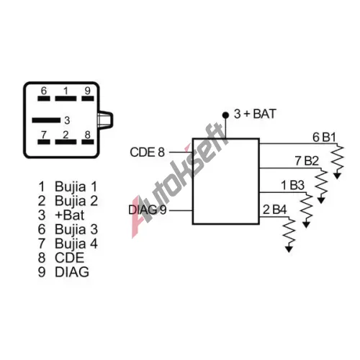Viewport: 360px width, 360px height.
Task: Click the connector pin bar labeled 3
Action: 46,120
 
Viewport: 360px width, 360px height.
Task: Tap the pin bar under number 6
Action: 44,99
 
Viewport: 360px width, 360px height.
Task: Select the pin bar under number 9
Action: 88,99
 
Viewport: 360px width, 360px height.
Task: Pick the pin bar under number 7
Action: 44,142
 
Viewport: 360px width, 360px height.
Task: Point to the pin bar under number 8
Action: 88,142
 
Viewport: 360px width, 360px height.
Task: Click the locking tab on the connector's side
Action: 105,120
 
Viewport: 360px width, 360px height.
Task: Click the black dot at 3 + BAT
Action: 225,115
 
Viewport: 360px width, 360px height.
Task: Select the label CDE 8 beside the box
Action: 148,152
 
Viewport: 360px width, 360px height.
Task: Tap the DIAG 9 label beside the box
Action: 148,210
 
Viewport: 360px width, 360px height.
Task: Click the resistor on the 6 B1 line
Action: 338,158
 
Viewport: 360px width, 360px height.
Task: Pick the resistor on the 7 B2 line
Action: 321,182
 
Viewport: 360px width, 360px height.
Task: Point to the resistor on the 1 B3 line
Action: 306,207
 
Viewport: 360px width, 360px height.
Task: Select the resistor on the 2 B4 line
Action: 289,231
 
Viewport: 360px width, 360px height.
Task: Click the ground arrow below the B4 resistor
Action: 289,248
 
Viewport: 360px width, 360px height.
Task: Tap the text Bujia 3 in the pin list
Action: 76,229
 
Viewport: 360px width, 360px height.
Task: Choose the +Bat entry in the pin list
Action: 70,215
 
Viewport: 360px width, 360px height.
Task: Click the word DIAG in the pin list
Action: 72,272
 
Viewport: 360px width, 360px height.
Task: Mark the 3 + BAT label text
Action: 255,114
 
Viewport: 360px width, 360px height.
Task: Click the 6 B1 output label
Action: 324,138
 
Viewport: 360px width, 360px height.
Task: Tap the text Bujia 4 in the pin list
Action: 76,243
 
